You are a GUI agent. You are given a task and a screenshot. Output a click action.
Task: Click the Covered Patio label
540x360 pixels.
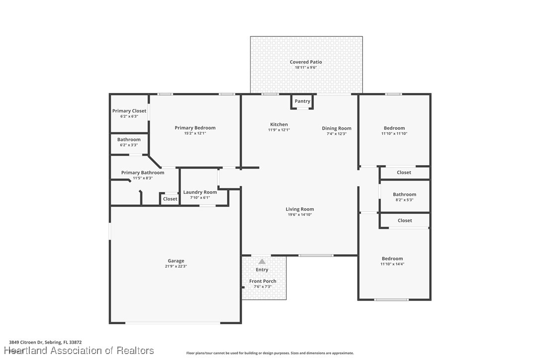[306, 62]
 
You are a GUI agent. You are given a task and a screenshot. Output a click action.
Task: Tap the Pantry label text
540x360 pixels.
[302, 101]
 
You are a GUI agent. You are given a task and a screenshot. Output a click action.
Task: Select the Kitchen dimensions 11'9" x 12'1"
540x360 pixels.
[279, 130]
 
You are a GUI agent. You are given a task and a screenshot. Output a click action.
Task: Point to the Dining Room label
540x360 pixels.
[337, 128]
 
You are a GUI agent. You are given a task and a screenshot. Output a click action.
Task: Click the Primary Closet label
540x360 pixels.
[129, 111]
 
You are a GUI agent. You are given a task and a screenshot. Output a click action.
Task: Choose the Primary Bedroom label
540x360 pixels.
[195, 128]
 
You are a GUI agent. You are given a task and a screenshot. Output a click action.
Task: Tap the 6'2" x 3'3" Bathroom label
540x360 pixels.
[129, 140]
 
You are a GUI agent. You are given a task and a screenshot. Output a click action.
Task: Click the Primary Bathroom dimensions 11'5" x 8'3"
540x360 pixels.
[143, 178]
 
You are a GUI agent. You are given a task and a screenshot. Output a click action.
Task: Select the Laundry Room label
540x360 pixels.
[200, 192]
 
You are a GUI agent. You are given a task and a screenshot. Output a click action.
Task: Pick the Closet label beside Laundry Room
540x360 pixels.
[170, 199]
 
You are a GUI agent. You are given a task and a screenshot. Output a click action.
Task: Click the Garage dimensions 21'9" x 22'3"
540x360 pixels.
[176, 267]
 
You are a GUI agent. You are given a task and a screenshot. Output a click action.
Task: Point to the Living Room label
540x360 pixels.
[300, 209]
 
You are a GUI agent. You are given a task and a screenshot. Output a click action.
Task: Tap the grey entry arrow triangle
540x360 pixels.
[262, 262]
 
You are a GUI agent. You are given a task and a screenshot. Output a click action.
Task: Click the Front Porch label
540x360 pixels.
[263, 281]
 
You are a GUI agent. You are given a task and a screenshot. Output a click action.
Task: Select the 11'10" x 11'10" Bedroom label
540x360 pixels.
[394, 128]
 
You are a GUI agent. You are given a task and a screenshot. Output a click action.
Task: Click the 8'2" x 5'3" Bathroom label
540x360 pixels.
[404, 195]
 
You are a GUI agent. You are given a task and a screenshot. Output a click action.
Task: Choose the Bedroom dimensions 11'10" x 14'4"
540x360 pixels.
[392, 264]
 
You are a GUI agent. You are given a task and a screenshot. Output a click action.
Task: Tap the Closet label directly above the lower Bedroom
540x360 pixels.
[405, 220]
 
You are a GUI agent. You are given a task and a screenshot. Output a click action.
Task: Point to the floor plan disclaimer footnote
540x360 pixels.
[270, 353]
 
